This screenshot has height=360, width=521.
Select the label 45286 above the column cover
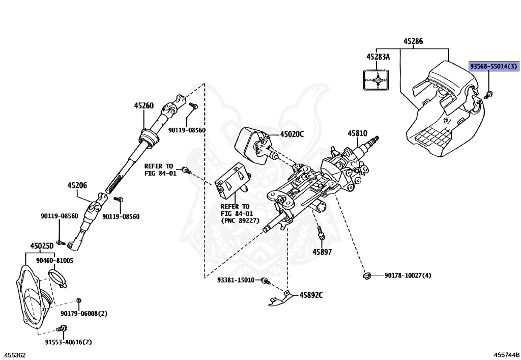pyautogui.click(x=413, y=42)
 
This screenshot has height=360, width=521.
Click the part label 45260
pyautogui.click(x=144, y=106)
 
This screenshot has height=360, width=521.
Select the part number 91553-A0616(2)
pyautogui.click(x=71, y=342)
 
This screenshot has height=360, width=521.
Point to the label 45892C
pyautogui.click(x=311, y=295)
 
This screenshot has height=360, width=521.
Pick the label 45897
pyautogui.click(x=322, y=252)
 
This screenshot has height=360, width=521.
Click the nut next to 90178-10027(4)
pyautogui.click(x=365, y=276)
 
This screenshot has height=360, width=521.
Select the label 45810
pyautogui.click(x=357, y=133)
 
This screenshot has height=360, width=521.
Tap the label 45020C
pyautogui.click(x=292, y=134)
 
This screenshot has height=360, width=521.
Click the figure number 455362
pyautogui.click(x=15, y=354)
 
